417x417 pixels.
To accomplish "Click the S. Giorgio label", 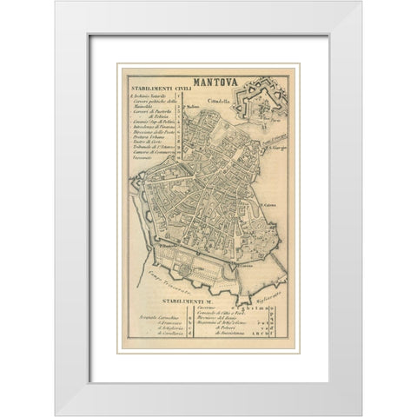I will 277,149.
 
